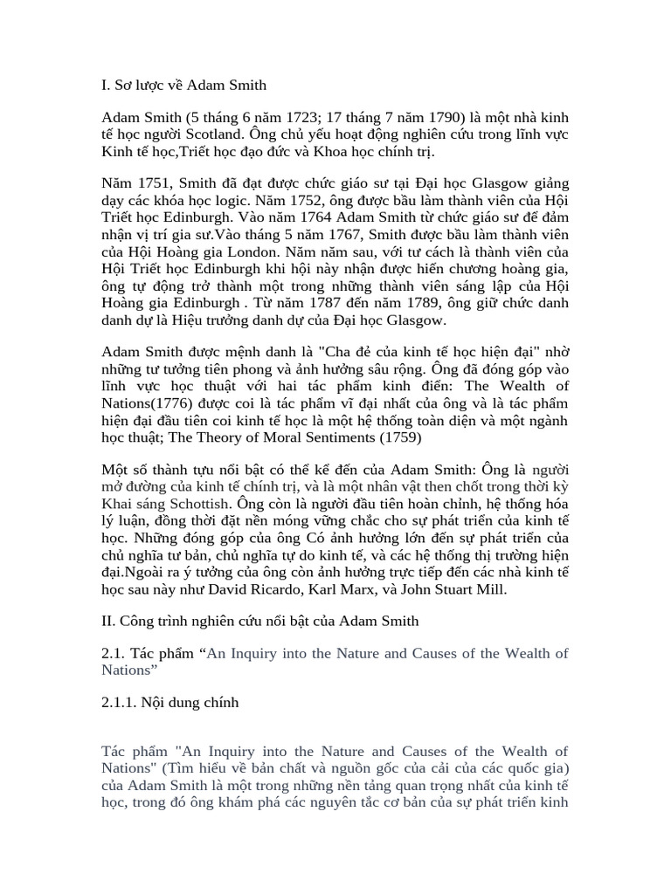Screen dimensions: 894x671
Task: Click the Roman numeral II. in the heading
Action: point(109,622)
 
